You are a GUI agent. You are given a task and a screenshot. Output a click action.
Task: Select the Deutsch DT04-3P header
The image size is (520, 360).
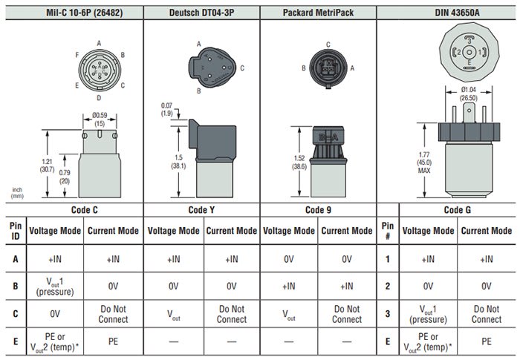(x=201, y=10)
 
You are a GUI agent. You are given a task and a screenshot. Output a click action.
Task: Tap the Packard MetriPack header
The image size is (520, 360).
(x=318, y=10)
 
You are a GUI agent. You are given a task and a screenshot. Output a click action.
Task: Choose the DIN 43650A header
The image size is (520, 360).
(x=448, y=10)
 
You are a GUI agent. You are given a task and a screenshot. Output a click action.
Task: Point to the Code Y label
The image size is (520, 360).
(x=201, y=209)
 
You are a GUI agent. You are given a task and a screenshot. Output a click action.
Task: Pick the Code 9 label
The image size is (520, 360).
(x=318, y=209)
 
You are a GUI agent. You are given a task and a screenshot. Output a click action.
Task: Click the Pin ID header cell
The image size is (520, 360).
(x=15, y=230)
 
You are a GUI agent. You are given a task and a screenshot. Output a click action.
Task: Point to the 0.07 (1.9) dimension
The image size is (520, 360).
(x=166, y=109)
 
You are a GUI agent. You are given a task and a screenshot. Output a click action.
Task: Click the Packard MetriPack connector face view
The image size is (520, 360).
(x=327, y=68)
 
